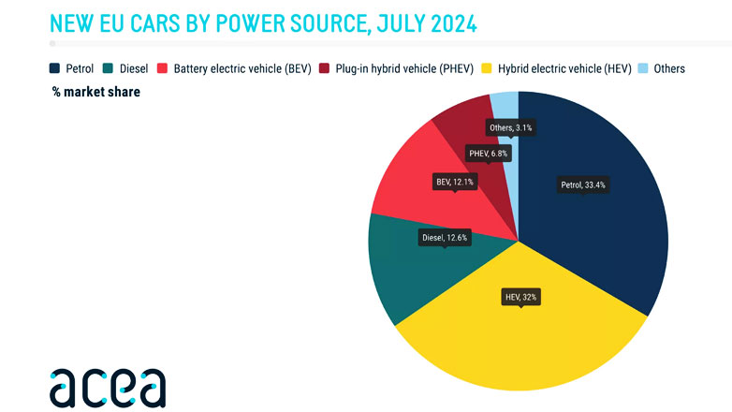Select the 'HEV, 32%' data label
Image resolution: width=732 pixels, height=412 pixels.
521,297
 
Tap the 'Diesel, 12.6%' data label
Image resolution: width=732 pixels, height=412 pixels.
445,238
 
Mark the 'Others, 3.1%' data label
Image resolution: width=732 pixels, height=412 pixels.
512,126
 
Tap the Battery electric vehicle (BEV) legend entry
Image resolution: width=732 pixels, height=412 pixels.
238,68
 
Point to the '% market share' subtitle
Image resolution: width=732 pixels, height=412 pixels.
96,92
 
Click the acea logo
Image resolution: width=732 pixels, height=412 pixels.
108,386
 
